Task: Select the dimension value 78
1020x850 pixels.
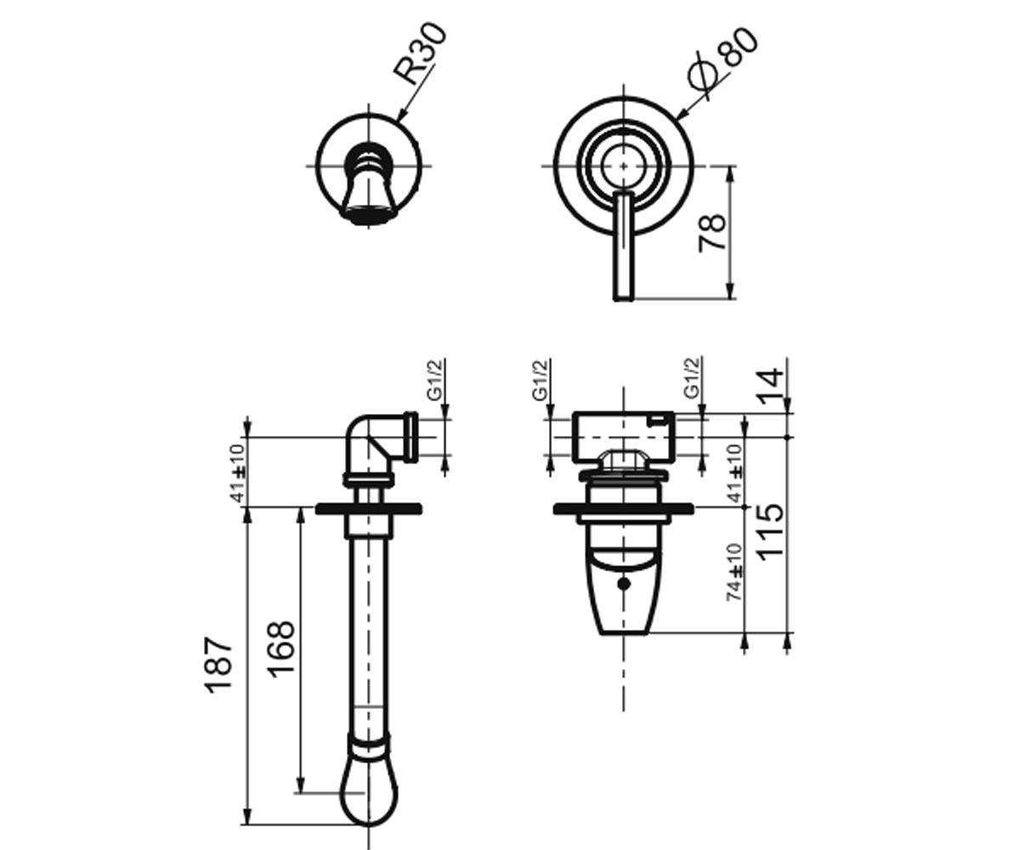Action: (711, 233)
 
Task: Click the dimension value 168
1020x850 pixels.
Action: (281, 649)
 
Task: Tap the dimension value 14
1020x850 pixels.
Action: (770, 387)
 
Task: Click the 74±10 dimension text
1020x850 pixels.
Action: (734, 572)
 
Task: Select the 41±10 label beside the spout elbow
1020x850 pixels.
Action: (237, 473)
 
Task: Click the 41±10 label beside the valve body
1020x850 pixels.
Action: (734, 473)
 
